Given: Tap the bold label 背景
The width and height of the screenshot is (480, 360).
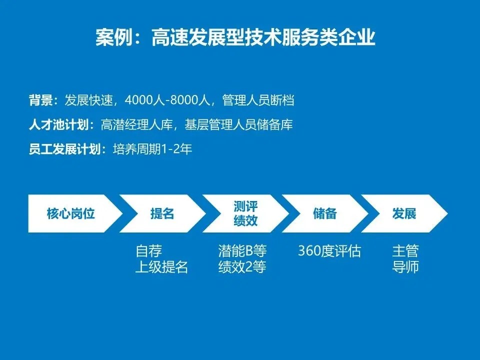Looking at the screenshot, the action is (x=40, y=100).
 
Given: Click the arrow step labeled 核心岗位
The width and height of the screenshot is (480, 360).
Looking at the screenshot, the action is (x=71, y=214).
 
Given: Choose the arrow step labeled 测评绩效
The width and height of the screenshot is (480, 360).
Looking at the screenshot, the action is (x=245, y=214).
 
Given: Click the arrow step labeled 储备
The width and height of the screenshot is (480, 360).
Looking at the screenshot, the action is (x=325, y=214).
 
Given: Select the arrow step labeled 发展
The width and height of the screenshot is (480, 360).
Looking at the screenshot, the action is (x=404, y=214).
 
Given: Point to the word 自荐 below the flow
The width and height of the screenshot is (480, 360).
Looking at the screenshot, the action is (x=149, y=250).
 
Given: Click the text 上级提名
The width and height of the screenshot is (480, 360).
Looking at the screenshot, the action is (x=161, y=267).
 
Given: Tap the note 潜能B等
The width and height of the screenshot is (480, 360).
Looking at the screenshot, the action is (x=242, y=250).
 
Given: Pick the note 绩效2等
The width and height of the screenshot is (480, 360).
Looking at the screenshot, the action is (x=242, y=267).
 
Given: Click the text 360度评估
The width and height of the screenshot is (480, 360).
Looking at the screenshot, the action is (x=329, y=250).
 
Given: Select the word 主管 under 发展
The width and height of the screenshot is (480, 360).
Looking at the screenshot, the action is (x=405, y=250).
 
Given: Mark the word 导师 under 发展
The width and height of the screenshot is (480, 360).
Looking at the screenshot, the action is (x=405, y=267).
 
